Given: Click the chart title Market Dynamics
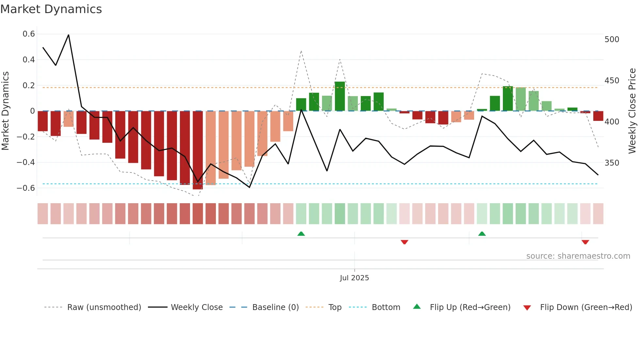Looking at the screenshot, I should click(51, 9).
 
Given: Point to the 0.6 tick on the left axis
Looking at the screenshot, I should click(29, 34).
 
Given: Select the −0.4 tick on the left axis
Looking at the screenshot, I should click(26, 162).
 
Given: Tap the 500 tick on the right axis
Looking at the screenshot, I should click(612, 40).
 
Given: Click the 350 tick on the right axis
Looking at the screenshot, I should click(612, 163).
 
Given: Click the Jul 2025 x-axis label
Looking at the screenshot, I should click(354, 278).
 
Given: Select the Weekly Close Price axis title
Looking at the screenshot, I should click(632, 111).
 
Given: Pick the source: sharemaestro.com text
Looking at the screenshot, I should click(578, 256).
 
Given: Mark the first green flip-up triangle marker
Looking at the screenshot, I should click(301, 234).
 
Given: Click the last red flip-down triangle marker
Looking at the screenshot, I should click(585, 242).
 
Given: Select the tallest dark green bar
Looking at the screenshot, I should click(340, 96).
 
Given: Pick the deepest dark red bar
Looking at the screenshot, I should click(198, 150).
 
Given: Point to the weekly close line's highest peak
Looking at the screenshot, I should click(69, 35).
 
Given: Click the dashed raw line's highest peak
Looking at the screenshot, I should click(301, 51).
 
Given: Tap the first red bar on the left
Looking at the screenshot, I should click(43, 121).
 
